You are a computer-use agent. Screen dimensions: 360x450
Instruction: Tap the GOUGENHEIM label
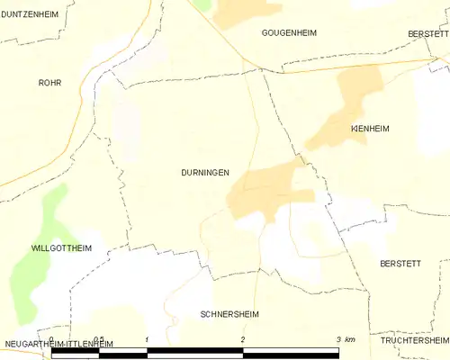pyautogui.click(x=288, y=32)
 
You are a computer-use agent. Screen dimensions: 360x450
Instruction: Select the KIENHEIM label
pyautogui.click(x=369, y=129)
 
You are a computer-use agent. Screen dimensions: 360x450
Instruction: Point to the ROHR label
pyautogui.click(x=49, y=82)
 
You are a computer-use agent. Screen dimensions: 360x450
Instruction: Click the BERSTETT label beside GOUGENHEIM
pyautogui.click(x=427, y=32)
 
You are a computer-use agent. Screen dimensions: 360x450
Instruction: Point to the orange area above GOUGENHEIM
pyautogui.click(x=247, y=11)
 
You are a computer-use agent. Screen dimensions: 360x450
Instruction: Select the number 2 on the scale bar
pyautogui.click(x=243, y=339)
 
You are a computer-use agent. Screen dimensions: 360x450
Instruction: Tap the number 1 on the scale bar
pyautogui.click(x=147, y=339)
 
